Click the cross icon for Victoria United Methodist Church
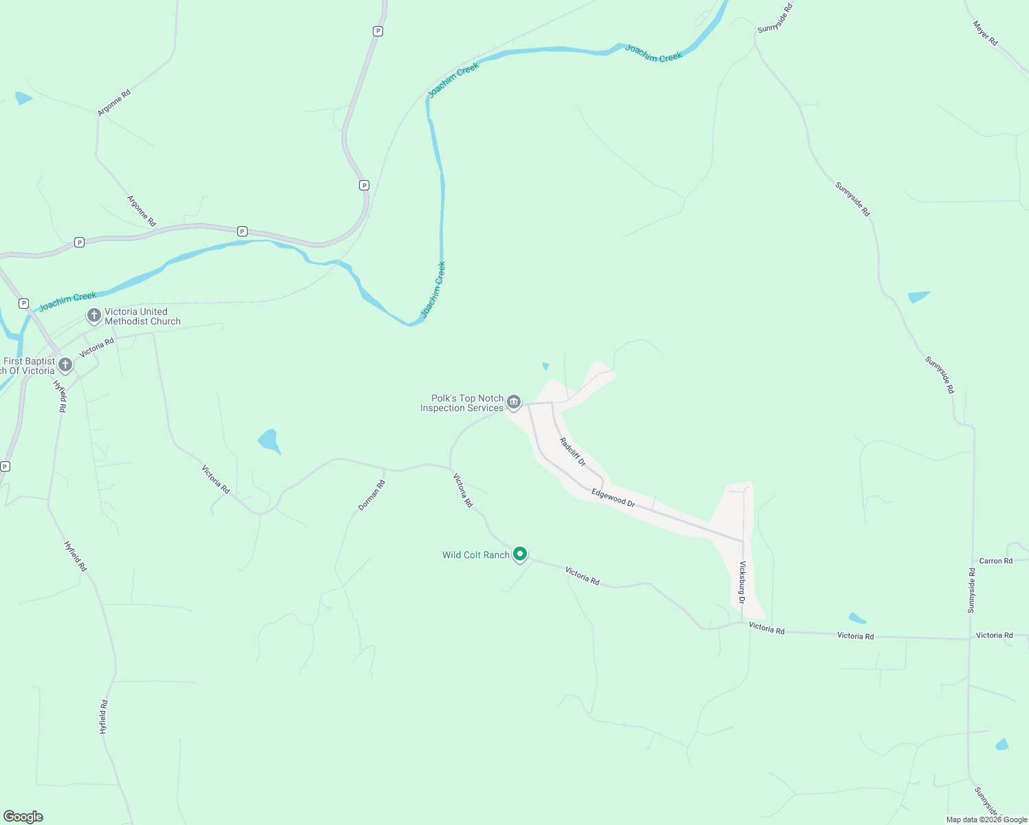point(94,316)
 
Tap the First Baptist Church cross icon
point(65,364)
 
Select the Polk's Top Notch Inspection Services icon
point(514,402)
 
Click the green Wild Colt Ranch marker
point(521,553)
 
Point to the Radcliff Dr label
point(572,452)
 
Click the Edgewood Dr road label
point(613,498)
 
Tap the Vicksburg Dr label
point(742,582)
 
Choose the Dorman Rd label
point(371,495)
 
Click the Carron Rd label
point(995,561)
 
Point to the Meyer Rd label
point(985,33)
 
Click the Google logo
point(23,817)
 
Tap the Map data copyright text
point(986,819)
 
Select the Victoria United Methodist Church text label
point(142,316)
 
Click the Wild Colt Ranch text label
point(476,555)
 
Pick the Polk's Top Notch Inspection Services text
point(462,403)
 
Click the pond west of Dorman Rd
point(269,441)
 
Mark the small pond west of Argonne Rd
point(23,98)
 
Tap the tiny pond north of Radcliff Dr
point(546,366)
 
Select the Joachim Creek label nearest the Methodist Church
point(67,300)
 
